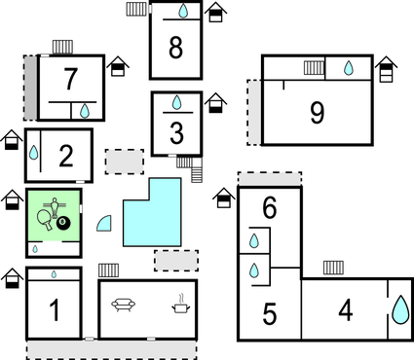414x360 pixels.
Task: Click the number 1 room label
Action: click(x=55, y=311)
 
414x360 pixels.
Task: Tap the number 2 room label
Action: click(x=66, y=155)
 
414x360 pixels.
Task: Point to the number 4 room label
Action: click(x=345, y=311)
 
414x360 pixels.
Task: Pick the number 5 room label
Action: click(x=270, y=314)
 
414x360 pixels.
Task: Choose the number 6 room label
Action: click(x=270, y=207)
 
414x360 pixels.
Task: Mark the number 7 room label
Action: click(x=69, y=78)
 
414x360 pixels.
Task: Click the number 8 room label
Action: click(x=175, y=47)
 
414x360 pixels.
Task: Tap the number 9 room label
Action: click(x=317, y=114)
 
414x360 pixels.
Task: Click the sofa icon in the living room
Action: click(x=123, y=306)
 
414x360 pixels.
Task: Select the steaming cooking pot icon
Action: click(x=181, y=305)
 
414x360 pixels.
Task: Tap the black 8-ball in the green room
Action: click(x=64, y=226)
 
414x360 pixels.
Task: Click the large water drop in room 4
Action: click(x=400, y=309)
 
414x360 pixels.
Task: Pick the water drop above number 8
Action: click(x=182, y=12)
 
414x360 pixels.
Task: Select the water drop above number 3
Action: click(x=176, y=101)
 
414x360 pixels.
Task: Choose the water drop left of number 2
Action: click(x=34, y=154)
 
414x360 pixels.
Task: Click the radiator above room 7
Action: click(x=62, y=47)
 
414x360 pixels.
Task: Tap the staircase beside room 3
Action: click(x=199, y=172)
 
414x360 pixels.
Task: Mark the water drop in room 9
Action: click(x=349, y=68)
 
